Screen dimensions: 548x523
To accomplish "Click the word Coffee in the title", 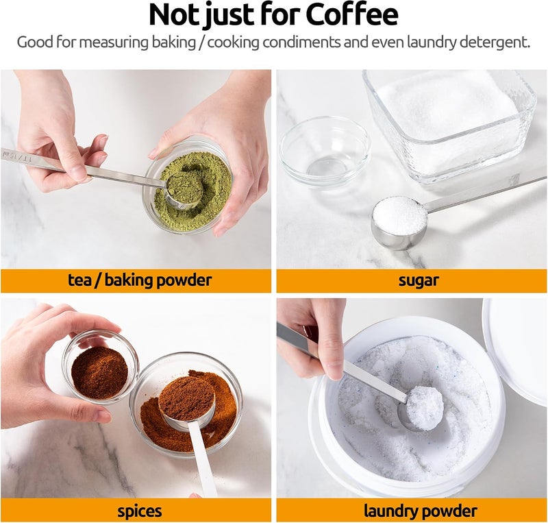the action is pos(352,15).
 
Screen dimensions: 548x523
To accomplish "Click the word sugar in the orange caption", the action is pos(419,280).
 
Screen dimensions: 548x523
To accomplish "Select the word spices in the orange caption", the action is pos(140,511).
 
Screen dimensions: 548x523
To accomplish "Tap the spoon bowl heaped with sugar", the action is pos(399,222).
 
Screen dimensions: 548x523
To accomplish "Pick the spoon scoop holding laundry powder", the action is pos(422,409).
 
